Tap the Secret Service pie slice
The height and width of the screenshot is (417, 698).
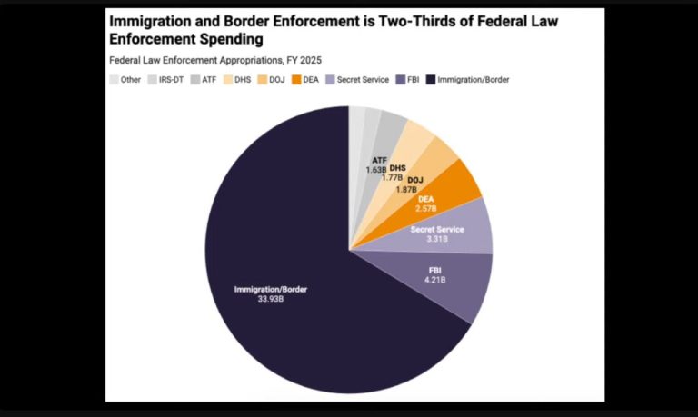pos(454,232)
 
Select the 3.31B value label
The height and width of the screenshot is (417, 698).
pos(437,239)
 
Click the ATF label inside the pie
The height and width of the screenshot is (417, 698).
pos(379,160)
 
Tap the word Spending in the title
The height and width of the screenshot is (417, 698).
pos(226,40)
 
